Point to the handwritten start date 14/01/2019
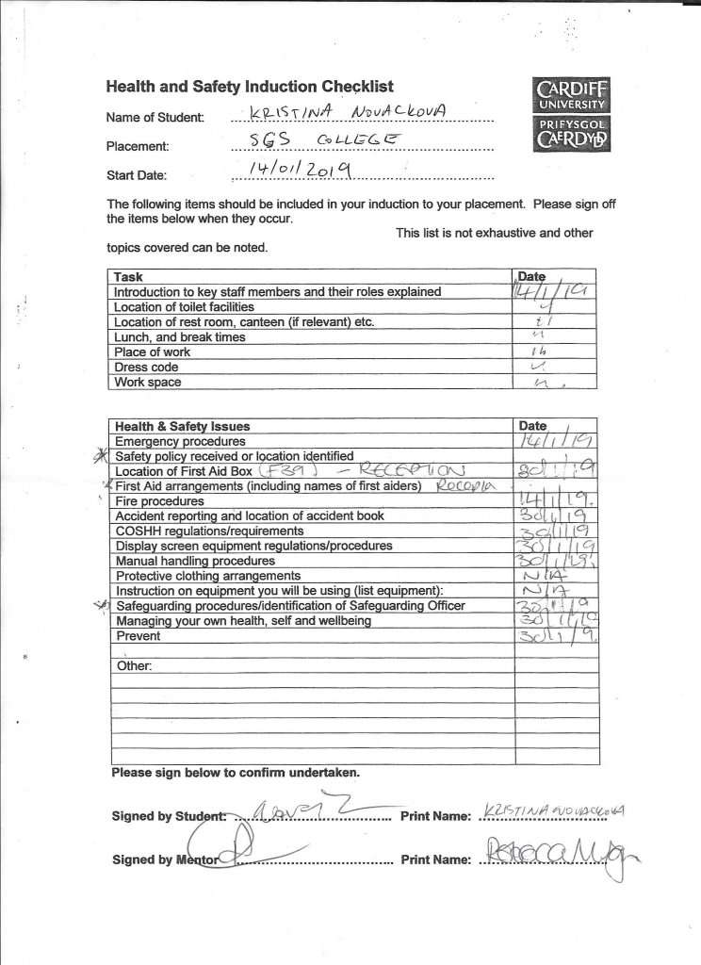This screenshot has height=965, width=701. coord(298,171)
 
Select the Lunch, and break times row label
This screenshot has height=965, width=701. coord(179,337)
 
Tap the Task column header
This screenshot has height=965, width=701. coord(128,277)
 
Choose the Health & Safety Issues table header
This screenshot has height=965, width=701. coord(182,426)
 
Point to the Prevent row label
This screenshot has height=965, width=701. coord(138,636)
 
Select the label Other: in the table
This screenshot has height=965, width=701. coord(134,666)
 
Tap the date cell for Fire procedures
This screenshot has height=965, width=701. coord(550,501)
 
